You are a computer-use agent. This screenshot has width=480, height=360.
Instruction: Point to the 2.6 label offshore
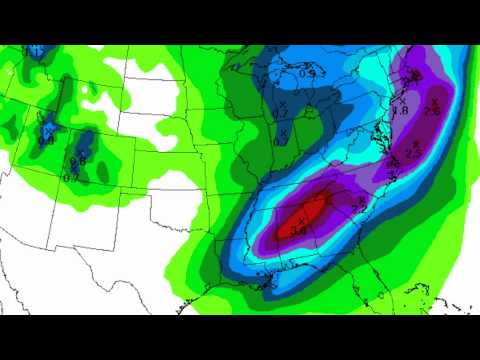coord(432,110)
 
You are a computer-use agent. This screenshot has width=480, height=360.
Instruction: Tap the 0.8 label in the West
coord(46,140)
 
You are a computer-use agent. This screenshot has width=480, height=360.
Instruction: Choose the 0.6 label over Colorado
coord(78,160)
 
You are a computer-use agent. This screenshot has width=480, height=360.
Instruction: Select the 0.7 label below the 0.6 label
coord(71,177)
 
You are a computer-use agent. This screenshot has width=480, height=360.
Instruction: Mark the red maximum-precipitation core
coord(308,212)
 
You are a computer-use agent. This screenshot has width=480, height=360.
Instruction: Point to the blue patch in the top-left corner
coord(37,50)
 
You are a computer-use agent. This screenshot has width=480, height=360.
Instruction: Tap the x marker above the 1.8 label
coord(403,98)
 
